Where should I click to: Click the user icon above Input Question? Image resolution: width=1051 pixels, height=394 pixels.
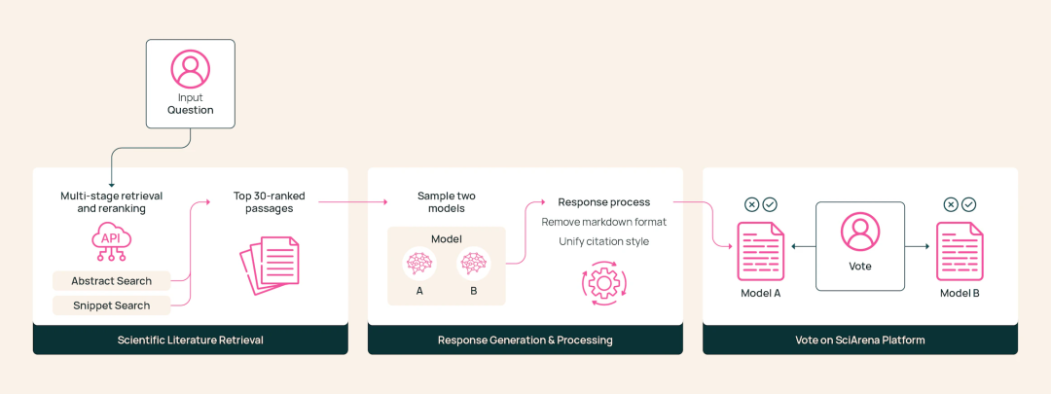[191, 69]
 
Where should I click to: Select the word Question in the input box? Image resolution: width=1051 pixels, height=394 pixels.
[191, 110]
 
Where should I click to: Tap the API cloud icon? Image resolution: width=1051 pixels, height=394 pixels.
[111, 241]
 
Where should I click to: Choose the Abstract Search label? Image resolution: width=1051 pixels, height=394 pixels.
[111, 281]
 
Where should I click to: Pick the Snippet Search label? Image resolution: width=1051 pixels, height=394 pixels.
[111, 305]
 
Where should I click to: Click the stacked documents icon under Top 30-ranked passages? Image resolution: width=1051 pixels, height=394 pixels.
[270, 264]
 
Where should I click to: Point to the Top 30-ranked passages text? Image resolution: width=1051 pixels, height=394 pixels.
[269, 202]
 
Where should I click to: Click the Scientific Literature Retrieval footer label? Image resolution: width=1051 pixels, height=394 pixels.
[191, 340]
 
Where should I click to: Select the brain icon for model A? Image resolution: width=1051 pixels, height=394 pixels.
[419, 264]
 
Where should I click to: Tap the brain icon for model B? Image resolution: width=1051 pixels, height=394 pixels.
[473, 264]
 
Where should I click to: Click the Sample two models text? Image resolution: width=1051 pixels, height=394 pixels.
[446, 202]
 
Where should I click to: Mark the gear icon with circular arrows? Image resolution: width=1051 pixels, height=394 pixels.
[604, 283]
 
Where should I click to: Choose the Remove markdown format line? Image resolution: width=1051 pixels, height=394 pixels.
[604, 222]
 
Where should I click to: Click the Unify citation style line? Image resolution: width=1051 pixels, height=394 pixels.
[604, 241]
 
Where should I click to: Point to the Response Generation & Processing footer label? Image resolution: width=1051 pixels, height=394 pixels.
[525, 340]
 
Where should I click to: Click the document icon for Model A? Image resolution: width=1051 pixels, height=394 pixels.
[761, 251]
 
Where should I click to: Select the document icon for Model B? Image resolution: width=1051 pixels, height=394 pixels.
[960, 251]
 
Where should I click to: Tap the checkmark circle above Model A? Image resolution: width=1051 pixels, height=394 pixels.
[770, 204]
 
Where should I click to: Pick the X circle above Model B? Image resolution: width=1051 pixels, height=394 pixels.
[951, 204]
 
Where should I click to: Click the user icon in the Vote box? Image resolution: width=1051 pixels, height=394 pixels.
[860, 233]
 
